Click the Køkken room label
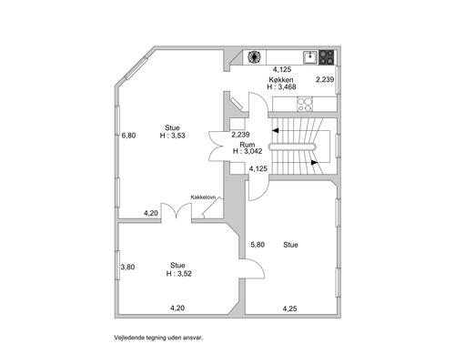point(281,80)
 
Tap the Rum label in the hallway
point(248,145)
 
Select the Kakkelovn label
point(203,197)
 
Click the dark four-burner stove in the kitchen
point(327,57)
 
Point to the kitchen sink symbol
point(310,57)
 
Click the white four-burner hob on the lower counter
point(305,104)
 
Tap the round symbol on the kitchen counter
point(254,56)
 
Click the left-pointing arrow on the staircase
point(276,131)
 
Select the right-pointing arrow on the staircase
point(315,163)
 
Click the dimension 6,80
point(128,136)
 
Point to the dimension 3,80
point(127,268)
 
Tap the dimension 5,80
point(258,245)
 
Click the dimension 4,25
point(289,308)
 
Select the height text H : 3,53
point(172,136)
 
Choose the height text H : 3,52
point(179,274)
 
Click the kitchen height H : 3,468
point(281,86)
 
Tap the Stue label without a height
point(290,245)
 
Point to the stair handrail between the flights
point(292,147)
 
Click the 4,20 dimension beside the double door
point(151,213)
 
